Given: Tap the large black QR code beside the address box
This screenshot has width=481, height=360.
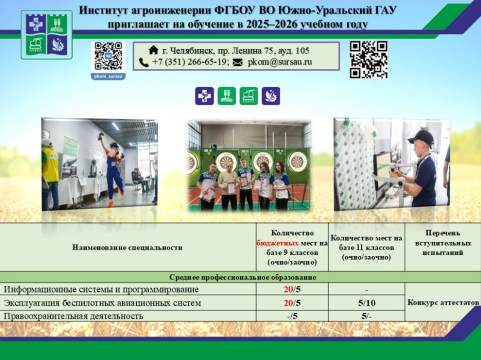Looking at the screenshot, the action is coord(369,60).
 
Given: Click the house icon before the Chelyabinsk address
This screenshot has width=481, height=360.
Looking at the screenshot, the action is coord(153,50).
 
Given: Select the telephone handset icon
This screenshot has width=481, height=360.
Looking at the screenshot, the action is coord(144,62).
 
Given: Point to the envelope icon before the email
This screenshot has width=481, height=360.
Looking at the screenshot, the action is coord(237,63).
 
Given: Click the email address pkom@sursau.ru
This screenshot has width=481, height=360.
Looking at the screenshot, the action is coord(280,62).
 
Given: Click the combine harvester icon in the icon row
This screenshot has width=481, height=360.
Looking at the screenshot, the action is coord(249,96).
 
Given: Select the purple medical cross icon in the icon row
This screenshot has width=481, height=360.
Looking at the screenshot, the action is coord(205,96).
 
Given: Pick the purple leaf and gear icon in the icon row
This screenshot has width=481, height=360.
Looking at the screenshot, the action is coord(271,96).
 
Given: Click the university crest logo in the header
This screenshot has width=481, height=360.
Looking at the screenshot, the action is coord(47,35).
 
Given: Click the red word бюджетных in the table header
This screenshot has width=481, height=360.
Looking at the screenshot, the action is coord(278,243).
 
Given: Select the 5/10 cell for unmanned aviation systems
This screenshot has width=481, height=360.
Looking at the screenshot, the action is coord(366,303).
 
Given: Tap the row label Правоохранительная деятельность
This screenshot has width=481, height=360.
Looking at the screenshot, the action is coord(73,316).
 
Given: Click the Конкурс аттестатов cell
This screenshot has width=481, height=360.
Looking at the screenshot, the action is coord(443,302).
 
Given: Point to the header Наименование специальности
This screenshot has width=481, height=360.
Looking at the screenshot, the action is coord(128,247).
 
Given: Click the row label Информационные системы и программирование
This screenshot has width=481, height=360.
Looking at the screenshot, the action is coord(101,289).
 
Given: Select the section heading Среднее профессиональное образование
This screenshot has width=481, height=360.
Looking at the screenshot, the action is coord(243,278).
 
